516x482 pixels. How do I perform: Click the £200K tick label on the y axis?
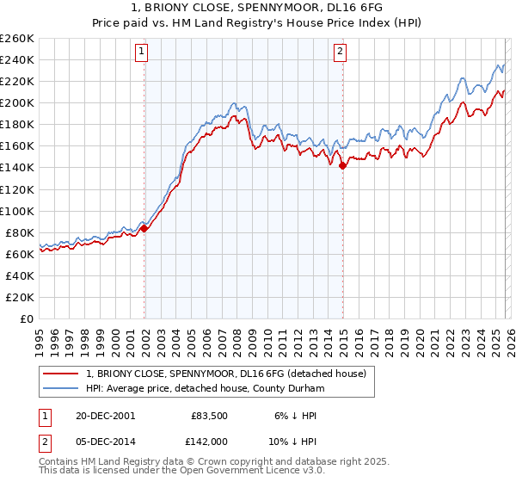pos(17,102)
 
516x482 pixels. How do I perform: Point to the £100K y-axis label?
pos(17,211)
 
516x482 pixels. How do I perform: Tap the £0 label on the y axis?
pos(26,318)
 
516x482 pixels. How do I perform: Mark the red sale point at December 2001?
pos(144,228)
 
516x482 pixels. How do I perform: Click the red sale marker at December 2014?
pos(342,165)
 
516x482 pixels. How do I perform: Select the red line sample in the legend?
pos(61,374)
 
